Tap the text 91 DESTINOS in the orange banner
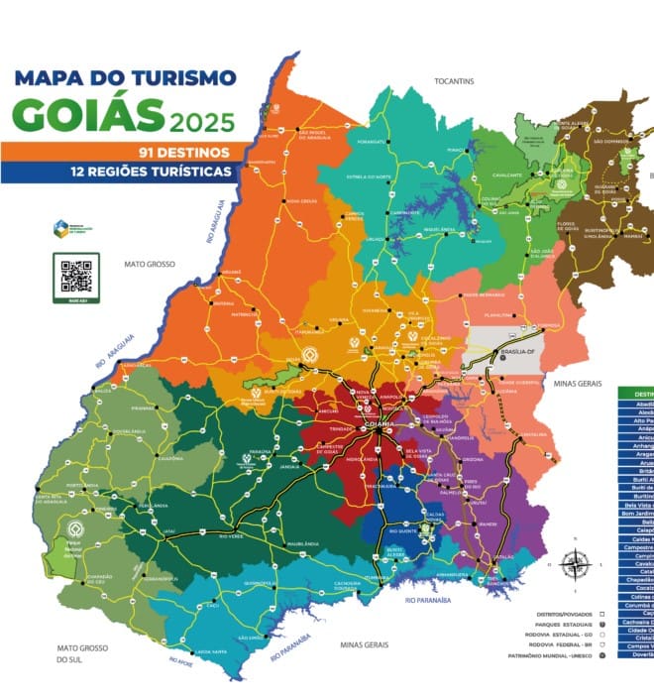pyautogui.click(x=184, y=153)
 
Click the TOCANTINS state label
pyautogui.click(x=454, y=80)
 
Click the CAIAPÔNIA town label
pyautogui.click(x=171, y=458)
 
